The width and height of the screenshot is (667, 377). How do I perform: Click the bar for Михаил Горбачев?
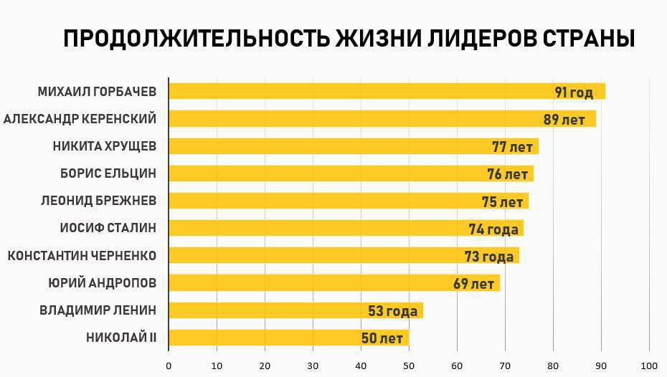coord(359,92)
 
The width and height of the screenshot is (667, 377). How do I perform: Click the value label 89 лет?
coord(564,120)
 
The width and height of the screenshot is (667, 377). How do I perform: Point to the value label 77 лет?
coord(512,147)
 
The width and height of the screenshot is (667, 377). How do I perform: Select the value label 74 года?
coord(493,229)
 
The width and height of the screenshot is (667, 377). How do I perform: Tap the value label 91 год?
coord(574,92)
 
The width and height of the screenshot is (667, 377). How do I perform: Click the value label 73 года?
coord(488,257)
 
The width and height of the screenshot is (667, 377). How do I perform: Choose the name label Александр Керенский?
coord(80,119)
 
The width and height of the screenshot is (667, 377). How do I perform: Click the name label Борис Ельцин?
coord(108,173)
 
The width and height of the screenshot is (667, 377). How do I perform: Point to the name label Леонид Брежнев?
coord(98,201)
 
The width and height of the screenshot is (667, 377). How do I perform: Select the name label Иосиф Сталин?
coord(108,229)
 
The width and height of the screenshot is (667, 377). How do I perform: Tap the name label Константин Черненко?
coord(82,256)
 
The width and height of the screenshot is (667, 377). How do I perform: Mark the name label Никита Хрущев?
coord(105,146)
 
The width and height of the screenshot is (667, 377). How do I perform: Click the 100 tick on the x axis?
coord(650,365)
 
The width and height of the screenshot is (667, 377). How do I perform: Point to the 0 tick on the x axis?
coord(169,365)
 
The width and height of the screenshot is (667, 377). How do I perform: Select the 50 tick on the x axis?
coord(409,365)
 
